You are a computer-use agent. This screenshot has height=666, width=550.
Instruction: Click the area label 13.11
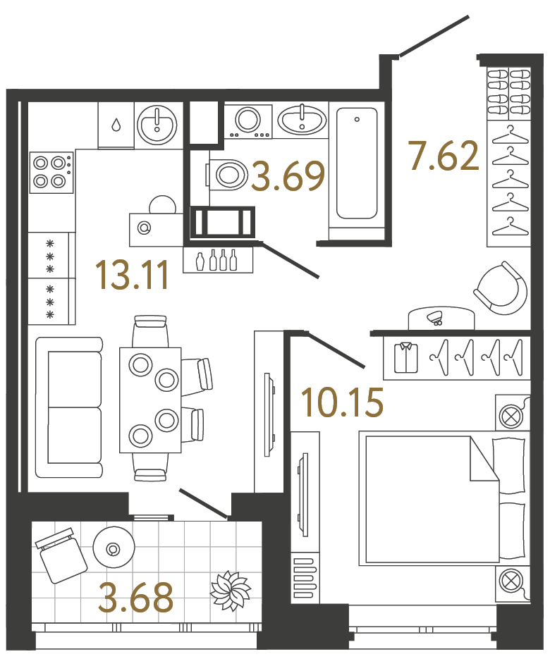[132, 275]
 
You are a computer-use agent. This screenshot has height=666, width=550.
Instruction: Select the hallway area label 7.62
[444, 156]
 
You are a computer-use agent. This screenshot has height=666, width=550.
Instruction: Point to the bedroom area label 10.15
[342, 402]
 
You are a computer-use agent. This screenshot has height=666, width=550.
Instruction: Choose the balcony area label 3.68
[136, 598]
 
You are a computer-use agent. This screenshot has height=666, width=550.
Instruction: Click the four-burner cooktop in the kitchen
[51, 172]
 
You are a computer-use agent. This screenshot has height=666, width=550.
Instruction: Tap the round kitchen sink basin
[157, 125]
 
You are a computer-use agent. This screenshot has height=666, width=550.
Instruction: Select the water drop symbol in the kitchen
[116, 125]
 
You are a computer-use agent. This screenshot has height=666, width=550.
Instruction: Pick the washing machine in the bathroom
[248, 120]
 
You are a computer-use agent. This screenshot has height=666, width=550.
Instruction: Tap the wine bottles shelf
[218, 259]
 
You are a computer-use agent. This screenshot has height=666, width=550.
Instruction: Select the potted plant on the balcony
[231, 591]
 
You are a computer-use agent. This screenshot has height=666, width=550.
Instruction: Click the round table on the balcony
[112, 548]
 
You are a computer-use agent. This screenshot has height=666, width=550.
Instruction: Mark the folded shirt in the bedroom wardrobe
[405, 357]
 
